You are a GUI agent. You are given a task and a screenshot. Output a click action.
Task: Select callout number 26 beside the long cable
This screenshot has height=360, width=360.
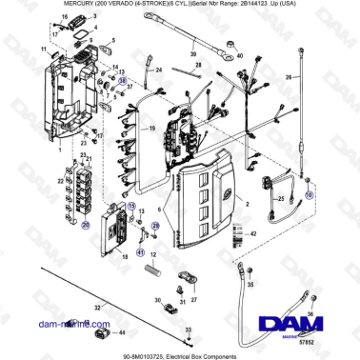point(289,76)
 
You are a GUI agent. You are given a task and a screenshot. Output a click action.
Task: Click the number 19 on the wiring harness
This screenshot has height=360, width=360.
point(150,129)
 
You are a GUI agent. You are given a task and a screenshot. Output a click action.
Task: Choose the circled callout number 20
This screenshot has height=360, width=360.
point(85,226)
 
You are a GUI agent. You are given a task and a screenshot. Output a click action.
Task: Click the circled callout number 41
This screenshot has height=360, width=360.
point(139,252)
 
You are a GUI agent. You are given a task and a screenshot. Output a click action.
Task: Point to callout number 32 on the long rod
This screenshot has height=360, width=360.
point(96,307)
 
